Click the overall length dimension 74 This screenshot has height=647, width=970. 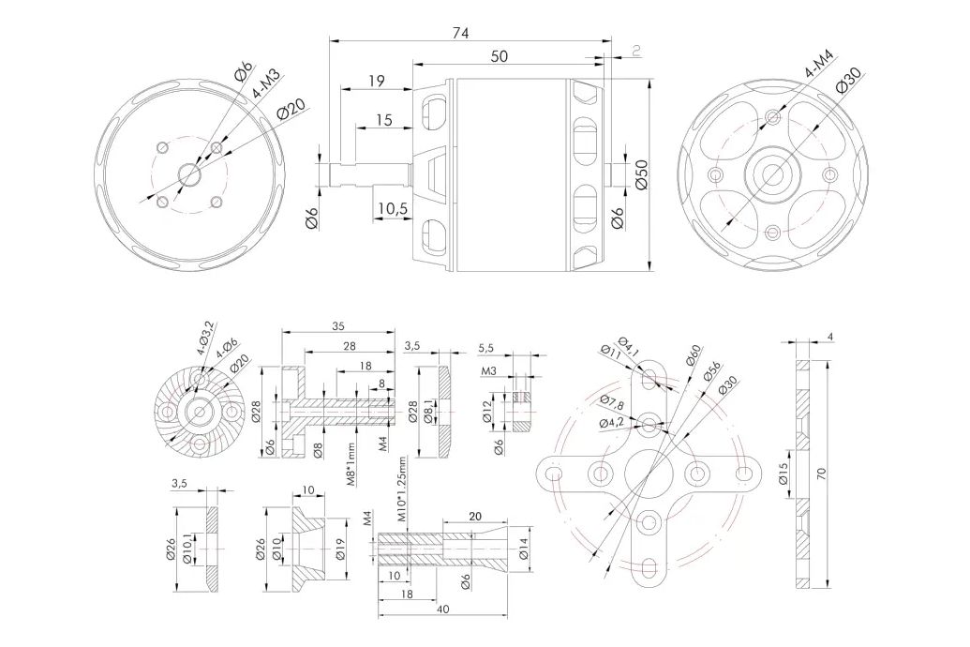pos(460,34)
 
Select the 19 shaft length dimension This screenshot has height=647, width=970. pos(377,82)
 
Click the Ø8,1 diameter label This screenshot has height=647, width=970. pos(429,413)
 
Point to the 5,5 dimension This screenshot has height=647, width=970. pos(486,349)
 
